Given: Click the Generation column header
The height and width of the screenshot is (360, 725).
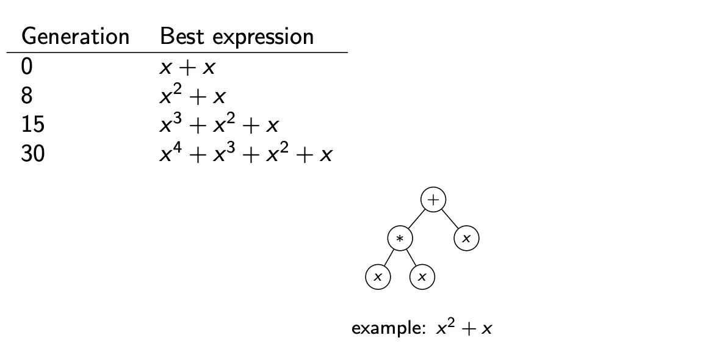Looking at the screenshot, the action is [x=75, y=37].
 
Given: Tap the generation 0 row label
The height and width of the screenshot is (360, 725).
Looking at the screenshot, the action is [x=27, y=68].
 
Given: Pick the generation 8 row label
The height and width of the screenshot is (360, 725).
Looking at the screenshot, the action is [x=27, y=96].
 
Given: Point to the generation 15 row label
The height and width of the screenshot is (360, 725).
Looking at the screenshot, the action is [x=33, y=125].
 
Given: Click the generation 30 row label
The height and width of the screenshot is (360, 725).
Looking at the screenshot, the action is [x=33, y=154].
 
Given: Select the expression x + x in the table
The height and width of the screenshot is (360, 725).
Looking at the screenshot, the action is [x=188, y=68].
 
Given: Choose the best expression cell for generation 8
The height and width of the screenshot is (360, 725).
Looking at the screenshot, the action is [x=192, y=95].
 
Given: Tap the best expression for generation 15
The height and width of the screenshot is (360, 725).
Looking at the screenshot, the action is [x=219, y=123].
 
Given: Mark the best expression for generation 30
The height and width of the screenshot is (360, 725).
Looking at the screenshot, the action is [x=246, y=152].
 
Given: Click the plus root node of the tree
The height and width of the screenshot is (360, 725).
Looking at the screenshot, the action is [x=433, y=200].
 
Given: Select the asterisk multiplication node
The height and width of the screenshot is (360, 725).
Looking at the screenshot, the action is [x=400, y=239].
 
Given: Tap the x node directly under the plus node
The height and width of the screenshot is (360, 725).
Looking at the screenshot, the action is [x=466, y=239].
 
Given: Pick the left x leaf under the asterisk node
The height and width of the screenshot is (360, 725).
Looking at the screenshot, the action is [x=378, y=277].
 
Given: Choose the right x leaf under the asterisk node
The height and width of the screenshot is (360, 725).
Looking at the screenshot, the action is [x=422, y=277].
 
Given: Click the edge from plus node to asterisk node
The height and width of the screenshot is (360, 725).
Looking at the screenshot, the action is [x=417, y=219].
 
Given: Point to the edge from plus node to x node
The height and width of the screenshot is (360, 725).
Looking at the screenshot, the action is [x=450, y=219].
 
